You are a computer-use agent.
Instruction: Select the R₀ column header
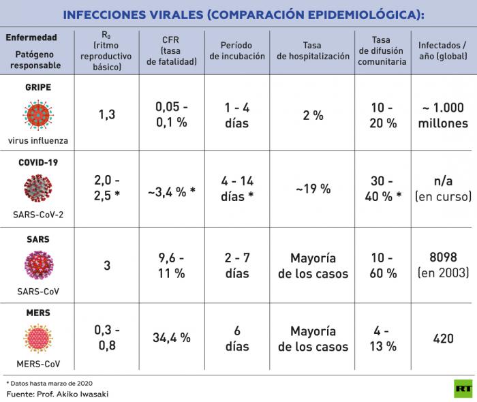pyautogui.click(x=106, y=52)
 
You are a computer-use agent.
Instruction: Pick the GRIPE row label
pyautogui.click(x=38, y=88)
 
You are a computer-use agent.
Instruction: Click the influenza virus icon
pyautogui.click(x=38, y=114)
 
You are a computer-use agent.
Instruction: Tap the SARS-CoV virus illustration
pyautogui.click(x=38, y=264)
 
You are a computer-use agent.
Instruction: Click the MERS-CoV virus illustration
pyautogui.click(x=38, y=338)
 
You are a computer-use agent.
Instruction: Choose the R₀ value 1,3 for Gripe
pyautogui.click(x=106, y=114)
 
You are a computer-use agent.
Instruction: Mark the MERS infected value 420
pyautogui.click(x=444, y=338)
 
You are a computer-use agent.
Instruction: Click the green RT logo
pyautogui.click(x=463, y=388)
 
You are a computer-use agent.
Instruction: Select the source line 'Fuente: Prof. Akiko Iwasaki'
pyautogui.click(x=57, y=394)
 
